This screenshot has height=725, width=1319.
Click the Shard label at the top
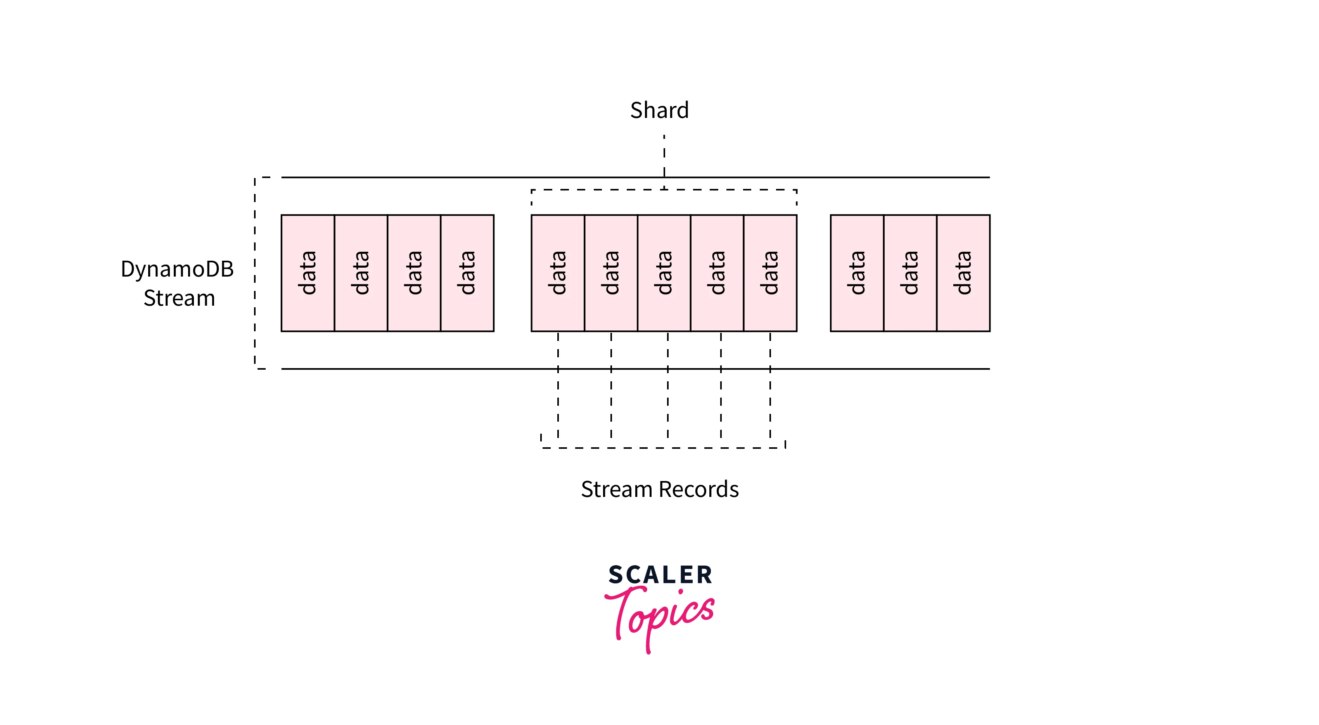pos(659,111)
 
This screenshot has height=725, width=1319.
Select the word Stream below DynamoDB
pos(179,298)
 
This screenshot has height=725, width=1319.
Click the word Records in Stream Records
pos(699,490)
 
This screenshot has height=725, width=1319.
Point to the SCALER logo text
pos(660,575)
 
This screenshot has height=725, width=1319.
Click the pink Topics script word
pos(660,614)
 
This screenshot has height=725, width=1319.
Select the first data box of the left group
pos(308,273)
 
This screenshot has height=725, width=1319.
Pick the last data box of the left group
pos(467,273)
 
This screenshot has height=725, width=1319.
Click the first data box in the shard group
pos(558,273)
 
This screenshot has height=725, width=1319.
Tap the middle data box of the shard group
pos(664,273)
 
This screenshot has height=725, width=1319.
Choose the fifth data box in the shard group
pos(770,273)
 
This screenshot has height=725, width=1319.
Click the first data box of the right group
pos(857,273)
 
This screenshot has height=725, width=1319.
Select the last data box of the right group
pos(963,273)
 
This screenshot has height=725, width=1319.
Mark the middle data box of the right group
pos(910,273)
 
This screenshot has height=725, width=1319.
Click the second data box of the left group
pos(361,273)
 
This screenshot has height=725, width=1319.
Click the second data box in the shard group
pos(611,273)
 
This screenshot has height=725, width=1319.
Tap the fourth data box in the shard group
pos(717,273)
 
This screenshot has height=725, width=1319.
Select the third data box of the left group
pos(414,273)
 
